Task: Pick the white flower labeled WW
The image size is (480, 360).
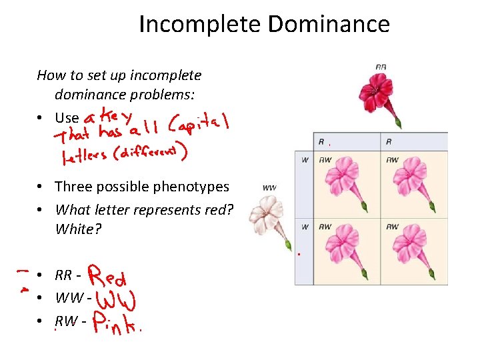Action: point(267,217)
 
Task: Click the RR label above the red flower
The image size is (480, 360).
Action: point(381,67)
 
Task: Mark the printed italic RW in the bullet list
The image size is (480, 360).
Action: point(65,322)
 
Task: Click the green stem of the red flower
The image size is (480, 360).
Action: point(398,121)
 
